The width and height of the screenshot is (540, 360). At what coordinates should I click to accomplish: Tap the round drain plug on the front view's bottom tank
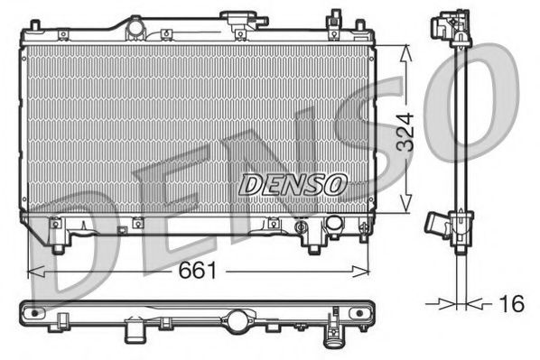point(334,223)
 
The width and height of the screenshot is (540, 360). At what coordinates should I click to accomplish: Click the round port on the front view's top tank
point(135,28)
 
